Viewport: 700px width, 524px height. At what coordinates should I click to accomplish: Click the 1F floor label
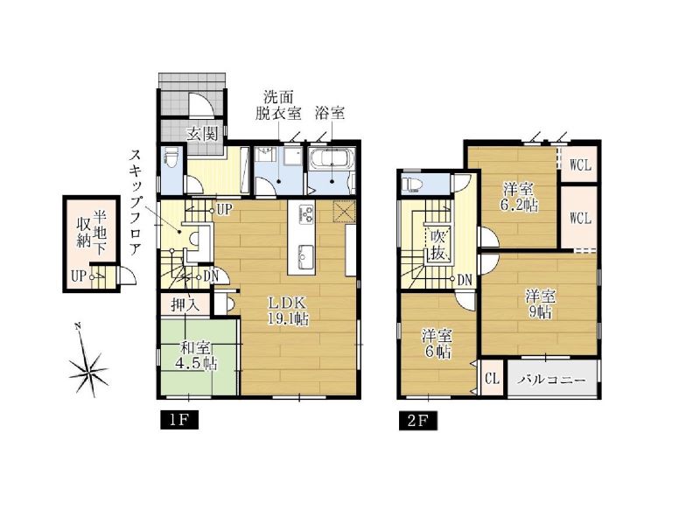pos(179,421)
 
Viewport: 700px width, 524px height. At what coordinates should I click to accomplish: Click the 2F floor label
pos(418,421)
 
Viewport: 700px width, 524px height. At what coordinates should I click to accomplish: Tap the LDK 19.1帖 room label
pos(288,311)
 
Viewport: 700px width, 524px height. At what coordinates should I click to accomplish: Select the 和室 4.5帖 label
pos(196,355)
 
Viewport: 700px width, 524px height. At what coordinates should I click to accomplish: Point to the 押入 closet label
pos(185,304)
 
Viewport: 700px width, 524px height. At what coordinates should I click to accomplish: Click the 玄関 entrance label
pos(202,134)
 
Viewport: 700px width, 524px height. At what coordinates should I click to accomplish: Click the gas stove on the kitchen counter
pos(307,213)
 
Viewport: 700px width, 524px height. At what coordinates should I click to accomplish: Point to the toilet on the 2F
pos(412,184)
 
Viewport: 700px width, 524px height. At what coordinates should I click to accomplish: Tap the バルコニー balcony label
pos(552,380)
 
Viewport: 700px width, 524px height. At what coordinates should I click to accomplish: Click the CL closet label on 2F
pos(492,380)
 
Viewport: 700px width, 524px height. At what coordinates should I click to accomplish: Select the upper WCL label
pos(580,165)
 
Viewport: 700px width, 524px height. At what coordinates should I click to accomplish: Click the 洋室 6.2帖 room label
pos(520,197)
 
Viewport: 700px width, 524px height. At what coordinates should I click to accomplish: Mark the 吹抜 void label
pos(437,245)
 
